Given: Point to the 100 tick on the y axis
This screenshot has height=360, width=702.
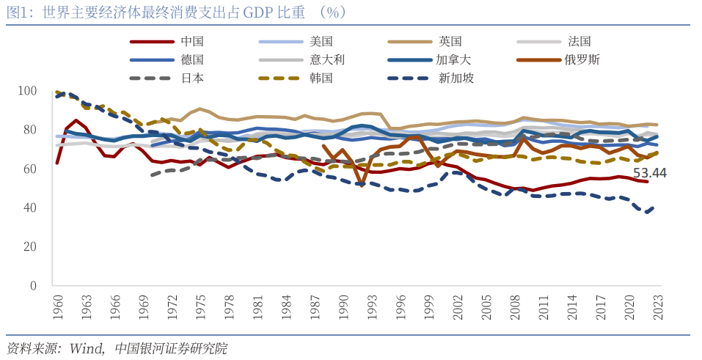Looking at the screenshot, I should point(27,91).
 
